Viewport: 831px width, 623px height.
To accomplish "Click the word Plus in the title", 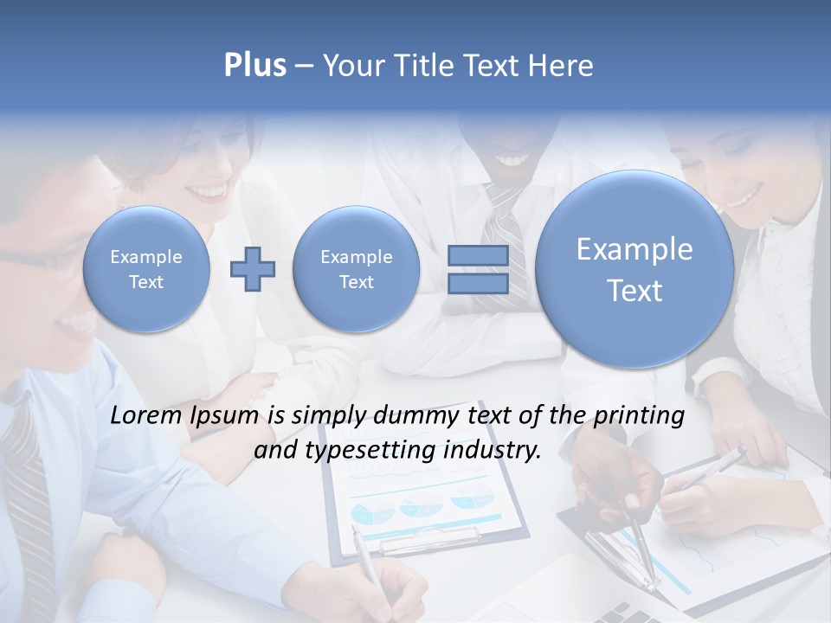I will click(254, 65).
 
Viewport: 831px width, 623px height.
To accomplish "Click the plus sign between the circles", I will click(253, 269).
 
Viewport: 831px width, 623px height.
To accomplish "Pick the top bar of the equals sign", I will click(477, 255).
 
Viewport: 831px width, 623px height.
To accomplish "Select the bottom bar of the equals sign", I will click(477, 284).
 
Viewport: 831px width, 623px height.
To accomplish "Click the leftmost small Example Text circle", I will click(146, 269).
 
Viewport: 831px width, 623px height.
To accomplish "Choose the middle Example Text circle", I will click(356, 269).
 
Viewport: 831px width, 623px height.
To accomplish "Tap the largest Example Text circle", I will click(635, 269).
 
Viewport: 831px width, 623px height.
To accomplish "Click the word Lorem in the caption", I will click(146, 415).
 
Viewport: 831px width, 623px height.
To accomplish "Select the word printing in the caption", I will click(638, 417).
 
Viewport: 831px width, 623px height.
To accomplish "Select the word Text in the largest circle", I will click(635, 291).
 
